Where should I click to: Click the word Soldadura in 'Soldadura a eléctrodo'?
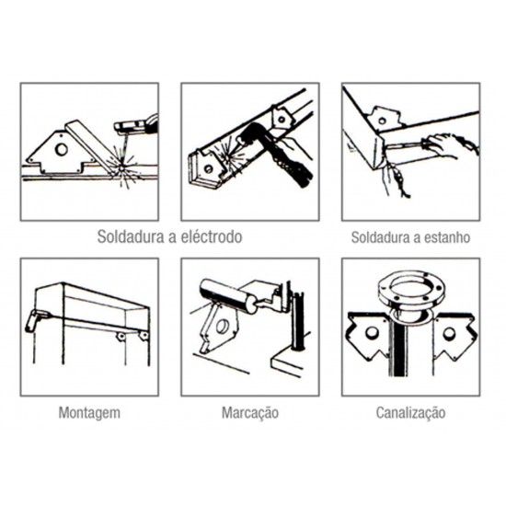pyautogui.click(x=129, y=236)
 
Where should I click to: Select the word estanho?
pyautogui.click(x=443, y=236)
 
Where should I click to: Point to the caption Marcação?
pyautogui.click(x=249, y=411)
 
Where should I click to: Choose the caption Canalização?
pyautogui.click(x=410, y=411)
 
